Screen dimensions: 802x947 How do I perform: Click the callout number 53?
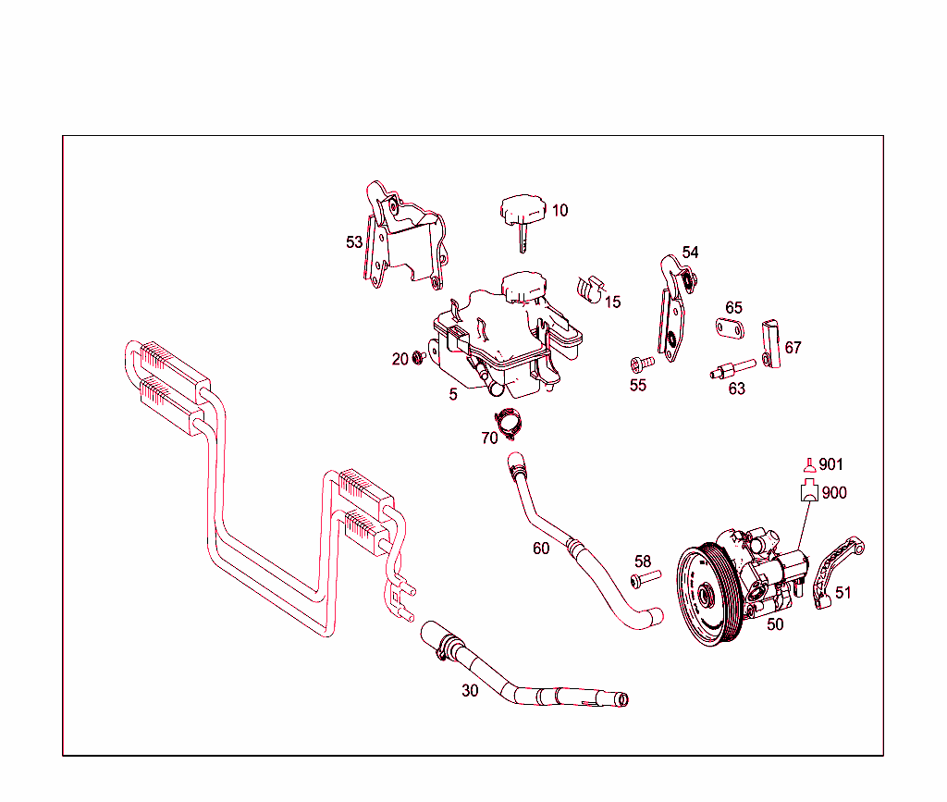tap(354, 242)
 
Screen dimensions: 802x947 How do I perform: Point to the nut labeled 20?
tap(419, 357)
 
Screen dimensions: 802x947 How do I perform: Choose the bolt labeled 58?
tap(645, 579)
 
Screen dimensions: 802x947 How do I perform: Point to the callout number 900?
tap(833, 493)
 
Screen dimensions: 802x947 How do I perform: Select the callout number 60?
tap(541, 549)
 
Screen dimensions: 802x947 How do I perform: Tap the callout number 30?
tap(470, 690)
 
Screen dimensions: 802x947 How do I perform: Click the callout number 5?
tap(453, 394)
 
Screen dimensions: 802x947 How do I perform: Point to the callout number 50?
tap(775, 624)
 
